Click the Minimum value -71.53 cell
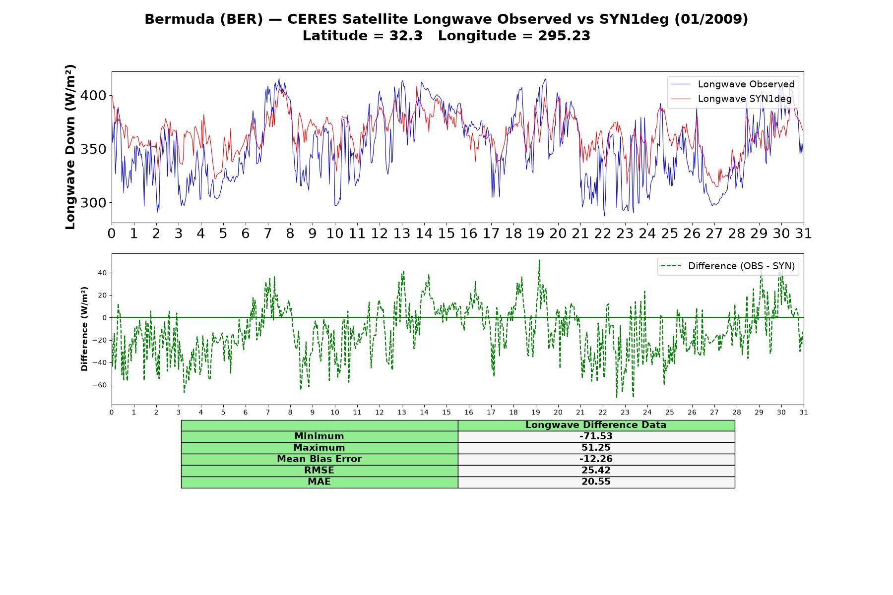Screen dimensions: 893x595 point(596,436)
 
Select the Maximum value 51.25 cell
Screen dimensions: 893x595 point(596,448)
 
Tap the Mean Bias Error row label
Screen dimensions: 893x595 point(319,459)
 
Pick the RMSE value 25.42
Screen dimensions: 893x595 point(596,471)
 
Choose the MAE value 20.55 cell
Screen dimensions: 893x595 point(596,482)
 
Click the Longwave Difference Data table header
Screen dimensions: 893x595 point(596,425)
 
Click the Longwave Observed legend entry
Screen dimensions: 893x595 point(732,84)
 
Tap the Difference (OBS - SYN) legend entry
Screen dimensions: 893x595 point(728,266)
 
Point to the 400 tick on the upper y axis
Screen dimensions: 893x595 point(93,95)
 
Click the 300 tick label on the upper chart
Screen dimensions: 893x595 point(93,203)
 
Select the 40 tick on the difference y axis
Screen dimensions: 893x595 point(102,273)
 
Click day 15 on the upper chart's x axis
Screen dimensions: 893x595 point(446,234)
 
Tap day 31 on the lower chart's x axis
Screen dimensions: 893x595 point(804,412)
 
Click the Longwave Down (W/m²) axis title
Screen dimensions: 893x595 point(70,147)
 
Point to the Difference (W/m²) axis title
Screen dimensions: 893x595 point(84,329)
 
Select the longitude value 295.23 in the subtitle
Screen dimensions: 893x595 point(564,36)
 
